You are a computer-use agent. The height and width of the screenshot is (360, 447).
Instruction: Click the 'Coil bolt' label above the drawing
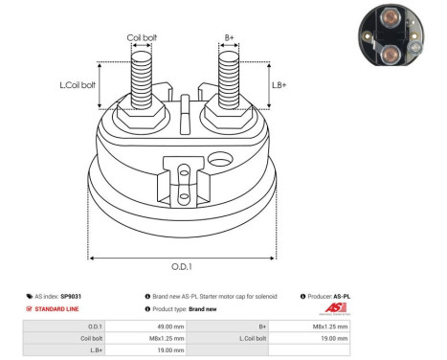pos(143,38)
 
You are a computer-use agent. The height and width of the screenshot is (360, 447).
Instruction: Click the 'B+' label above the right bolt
pos(229,38)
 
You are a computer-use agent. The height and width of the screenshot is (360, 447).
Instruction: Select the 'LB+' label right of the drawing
pos(280,85)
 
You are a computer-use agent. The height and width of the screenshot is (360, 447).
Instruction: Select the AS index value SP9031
pos(72,297)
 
